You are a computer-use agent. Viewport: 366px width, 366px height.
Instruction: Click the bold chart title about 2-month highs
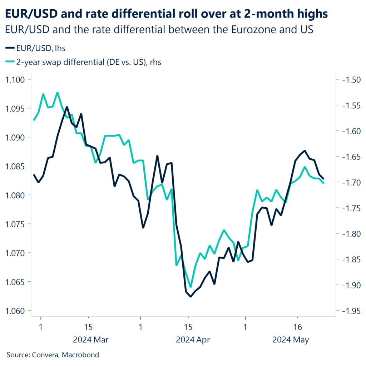[166, 14]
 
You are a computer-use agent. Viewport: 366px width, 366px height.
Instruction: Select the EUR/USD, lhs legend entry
[35, 48]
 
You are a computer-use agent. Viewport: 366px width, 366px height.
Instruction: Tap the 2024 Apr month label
[193, 340]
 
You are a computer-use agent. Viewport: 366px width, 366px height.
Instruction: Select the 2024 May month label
[291, 340]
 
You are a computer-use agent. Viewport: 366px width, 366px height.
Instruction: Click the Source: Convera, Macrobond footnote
[53, 355]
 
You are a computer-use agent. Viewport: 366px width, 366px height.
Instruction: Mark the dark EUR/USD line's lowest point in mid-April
[191, 296]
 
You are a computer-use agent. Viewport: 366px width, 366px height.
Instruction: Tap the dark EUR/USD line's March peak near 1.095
[67, 107]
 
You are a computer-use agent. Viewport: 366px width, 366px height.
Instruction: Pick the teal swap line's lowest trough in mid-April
[191, 287]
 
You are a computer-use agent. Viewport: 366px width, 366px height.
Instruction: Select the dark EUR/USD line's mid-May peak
[305, 151]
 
